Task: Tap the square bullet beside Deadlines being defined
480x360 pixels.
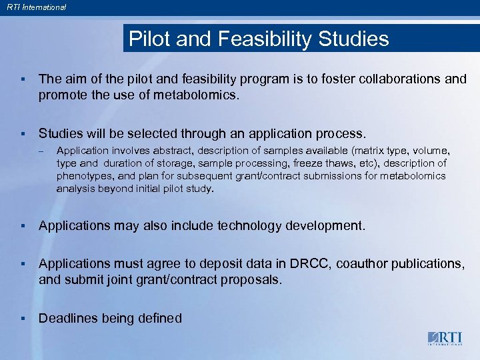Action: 23,319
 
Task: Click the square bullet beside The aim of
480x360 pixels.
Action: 23,79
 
